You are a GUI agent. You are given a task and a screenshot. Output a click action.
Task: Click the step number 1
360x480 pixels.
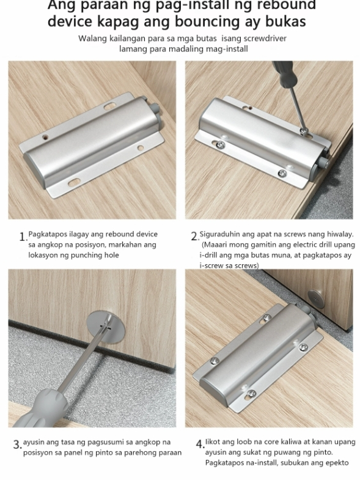pyautogui.click(x=23, y=237)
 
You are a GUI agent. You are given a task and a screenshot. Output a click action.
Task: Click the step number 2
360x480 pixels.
pyautogui.click(x=194, y=236)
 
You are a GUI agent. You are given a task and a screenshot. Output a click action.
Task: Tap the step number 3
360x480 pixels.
pyautogui.click(x=17, y=445)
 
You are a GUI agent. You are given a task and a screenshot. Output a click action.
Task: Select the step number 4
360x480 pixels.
pyautogui.click(x=200, y=444)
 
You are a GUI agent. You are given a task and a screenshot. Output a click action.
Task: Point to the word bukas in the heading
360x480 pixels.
pyautogui.click(x=285, y=21)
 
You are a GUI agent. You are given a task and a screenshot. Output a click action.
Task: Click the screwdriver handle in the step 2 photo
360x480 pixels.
pyautogui.click(x=284, y=73)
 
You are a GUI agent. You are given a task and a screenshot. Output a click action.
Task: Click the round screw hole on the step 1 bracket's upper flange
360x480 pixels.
pyautogui.click(x=46, y=137)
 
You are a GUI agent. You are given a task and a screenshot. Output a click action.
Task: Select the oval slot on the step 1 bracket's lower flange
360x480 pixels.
pyautogui.click(x=74, y=183)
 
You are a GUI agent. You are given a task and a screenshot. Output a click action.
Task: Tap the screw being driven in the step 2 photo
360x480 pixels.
pyautogui.click(x=303, y=131)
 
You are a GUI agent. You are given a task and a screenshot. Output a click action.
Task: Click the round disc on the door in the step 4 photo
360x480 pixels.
pyautogui.click(x=316, y=299)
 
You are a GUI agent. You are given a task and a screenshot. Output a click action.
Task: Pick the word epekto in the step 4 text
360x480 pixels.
pyautogui.click(x=337, y=463)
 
